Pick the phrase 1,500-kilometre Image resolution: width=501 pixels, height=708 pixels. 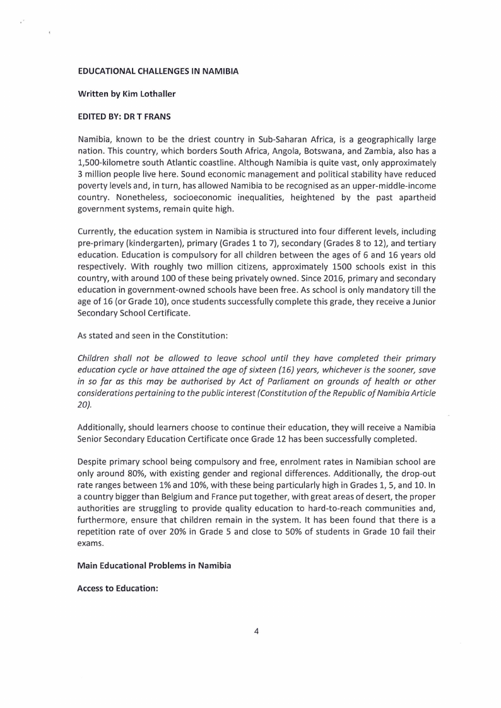pyautogui.click(x=108, y=162)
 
